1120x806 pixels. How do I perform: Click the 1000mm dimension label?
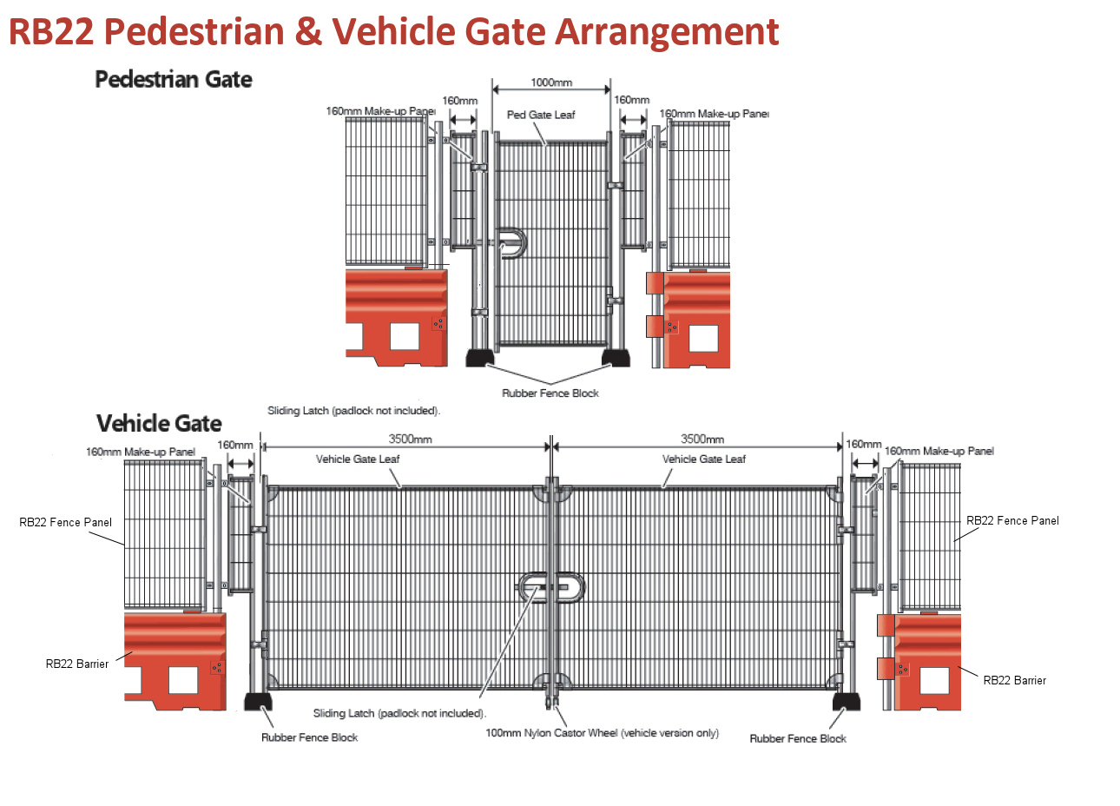[x=551, y=83]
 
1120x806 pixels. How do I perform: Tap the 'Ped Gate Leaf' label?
[x=541, y=115]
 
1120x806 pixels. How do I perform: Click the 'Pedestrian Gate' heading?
[x=173, y=79]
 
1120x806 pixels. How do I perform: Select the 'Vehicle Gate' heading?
[x=159, y=423]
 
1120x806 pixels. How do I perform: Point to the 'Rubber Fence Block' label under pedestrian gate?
[x=550, y=393]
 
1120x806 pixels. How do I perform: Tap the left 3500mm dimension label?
[x=410, y=439]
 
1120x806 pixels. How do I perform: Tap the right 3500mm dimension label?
[x=702, y=439]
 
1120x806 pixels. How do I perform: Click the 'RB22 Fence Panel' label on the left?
[x=65, y=522]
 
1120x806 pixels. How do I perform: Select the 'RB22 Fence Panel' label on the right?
[x=1012, y=520]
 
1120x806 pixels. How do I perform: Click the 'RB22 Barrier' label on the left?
[x=77, y=664]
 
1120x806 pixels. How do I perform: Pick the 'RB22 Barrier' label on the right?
[x=1014, y=680]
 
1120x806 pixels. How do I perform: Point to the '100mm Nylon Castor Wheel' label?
[x=602, y=733]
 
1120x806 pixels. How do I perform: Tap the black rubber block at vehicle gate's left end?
[x=259, y=702]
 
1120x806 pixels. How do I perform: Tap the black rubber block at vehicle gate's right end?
[x=847, y=701]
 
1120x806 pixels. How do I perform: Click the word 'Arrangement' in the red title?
[x=667, y=31]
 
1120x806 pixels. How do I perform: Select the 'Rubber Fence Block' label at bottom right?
[x=798, y=738]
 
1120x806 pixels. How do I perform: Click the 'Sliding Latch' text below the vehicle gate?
[x=399, y=713]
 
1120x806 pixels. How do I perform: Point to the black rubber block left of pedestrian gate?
[x=479, y=357]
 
